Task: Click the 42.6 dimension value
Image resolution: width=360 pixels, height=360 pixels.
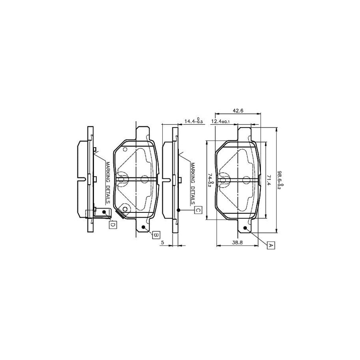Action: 238,111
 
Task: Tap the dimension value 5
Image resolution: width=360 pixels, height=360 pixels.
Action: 162,242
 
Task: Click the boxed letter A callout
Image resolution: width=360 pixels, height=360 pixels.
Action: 270,245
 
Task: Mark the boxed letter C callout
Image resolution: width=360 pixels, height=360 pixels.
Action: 198,210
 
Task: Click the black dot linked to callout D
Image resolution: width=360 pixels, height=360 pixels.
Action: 104,212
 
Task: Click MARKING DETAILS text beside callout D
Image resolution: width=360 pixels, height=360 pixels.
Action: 108,182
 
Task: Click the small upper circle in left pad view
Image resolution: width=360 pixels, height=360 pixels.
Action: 124,150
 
